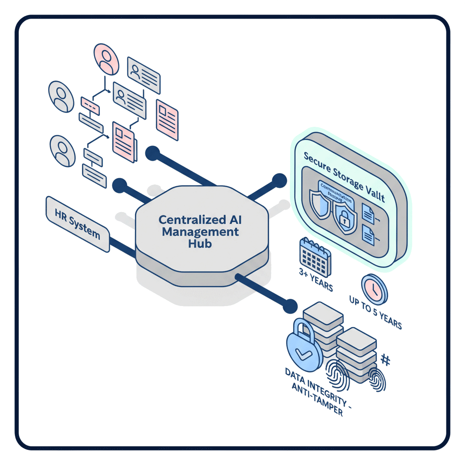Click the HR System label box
[x=78, y=224]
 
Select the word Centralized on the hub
[x=189, y=220]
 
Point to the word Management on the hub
[x=200, y=232]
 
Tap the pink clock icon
[x=374, y=289]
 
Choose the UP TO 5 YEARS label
[x=375, y=313]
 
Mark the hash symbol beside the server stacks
[x=385, y=360]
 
